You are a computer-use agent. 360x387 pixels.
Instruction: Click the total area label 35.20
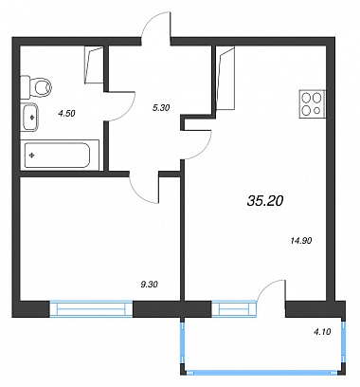(x=265, y=200)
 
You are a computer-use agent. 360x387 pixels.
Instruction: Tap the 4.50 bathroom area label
(x=67, y=113)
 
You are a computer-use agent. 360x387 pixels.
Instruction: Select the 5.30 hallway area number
(x=161, y=108)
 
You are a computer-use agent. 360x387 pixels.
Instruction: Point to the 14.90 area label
(x=301, y=241)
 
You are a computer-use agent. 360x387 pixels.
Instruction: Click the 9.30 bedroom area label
(x=149, y=285)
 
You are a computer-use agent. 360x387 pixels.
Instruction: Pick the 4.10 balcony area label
(x=322, y=332)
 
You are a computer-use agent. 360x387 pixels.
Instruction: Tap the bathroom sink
(x=29, y=117)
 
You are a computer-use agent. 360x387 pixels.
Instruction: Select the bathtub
(x=60, y=156)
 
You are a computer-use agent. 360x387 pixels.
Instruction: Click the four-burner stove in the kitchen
(x=313, y=104)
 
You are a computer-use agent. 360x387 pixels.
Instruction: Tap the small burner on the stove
(x=318, y=111)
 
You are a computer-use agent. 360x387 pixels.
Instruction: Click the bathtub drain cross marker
(x=31, y=156)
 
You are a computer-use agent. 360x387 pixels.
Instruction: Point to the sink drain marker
(x=32, y=118)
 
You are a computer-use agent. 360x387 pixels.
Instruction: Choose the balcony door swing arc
(x=267, y=287)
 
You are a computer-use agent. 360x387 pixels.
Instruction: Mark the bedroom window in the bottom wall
(x=91, y=309)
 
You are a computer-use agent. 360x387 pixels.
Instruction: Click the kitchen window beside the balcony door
(x=233, y=309)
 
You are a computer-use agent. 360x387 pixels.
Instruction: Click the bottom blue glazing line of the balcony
(x=263, y=373)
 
